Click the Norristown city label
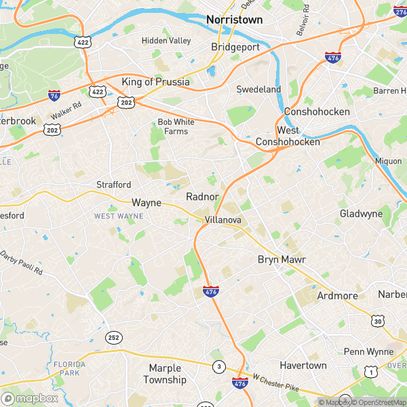click(x=234, y=20)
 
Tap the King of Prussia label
click(x=155, y=82)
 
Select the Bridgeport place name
click(x=235, y=47)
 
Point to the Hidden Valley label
click(x=166, y=41)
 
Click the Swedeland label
click(x=258, y=89)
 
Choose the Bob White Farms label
click(x=172, y=126)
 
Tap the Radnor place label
click(x=202, y=196)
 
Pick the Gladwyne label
click(x=361, y=214)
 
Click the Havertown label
click(x=303, y=365)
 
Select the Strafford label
click(x=114, y=184)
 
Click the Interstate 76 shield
click(x=54, y=96)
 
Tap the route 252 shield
click(x=113, y=337)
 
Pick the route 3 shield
click(x=218, y=367)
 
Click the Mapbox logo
click(x=30, y=398)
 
